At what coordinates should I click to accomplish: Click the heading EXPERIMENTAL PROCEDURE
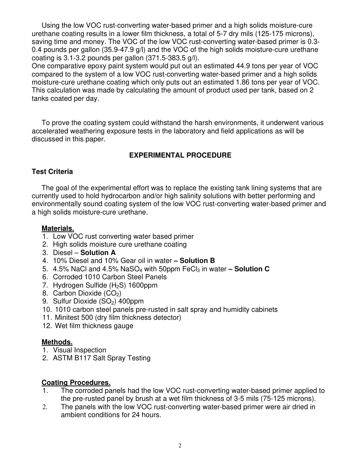[180, 155]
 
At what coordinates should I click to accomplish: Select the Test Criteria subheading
[52, 172]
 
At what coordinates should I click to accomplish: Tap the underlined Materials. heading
[58, 228]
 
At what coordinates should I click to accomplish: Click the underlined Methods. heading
[57, 342]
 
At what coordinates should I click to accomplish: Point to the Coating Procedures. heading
[76, 383]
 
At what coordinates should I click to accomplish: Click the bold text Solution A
[98, 253]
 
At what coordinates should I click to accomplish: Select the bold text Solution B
[197, 261]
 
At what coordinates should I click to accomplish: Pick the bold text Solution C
[252, 269]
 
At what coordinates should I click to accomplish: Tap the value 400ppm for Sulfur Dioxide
[131, 302]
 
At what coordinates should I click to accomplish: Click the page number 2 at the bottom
[180, 446]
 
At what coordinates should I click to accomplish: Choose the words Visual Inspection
[80, 350]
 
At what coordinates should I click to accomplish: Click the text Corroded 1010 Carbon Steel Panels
[110, 277]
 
